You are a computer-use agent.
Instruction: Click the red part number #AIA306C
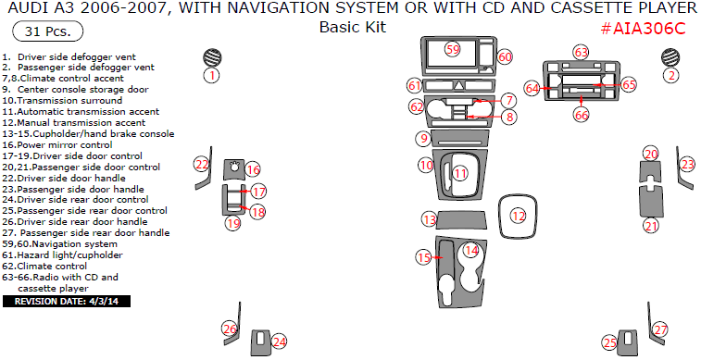point(643,29)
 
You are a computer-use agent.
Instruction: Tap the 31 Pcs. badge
point(48,31)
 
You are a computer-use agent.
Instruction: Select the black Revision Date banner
point(67,302)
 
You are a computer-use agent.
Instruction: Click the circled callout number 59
point(453,49)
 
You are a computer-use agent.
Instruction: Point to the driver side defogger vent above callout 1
point(212,57)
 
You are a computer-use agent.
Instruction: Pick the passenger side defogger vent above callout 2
point(670,56)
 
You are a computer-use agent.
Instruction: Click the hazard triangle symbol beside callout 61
point(459,85)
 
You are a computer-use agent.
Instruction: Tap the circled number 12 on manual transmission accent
point(519,217)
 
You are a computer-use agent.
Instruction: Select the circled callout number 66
point(582,116)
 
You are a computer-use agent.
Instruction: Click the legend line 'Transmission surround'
point(62,101)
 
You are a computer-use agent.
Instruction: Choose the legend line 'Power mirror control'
point(57,144)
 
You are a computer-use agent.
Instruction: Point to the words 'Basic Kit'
point(353,27)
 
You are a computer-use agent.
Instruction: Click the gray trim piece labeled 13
point(461,220)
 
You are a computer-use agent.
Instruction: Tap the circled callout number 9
point(423,139)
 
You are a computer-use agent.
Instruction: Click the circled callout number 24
point(279,342)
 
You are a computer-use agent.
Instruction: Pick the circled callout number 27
point(660,330)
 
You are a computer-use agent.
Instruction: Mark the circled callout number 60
point(505,56)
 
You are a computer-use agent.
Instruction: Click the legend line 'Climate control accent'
point(63,79)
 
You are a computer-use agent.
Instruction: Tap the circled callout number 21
point(651,226)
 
